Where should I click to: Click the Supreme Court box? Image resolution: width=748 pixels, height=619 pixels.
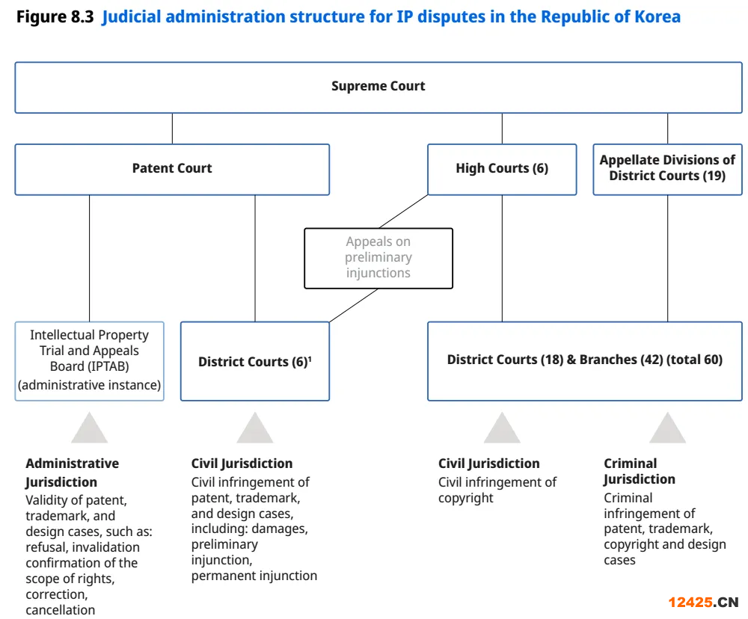(x=378, y=87)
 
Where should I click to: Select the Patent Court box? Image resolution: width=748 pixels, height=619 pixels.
(x=172, y=169)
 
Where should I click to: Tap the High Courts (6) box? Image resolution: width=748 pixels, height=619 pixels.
(x=502, y=169)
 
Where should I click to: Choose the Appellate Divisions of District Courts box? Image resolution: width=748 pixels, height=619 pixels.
(x=667, y=169)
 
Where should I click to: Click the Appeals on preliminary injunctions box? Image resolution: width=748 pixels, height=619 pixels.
(x=378, y=258)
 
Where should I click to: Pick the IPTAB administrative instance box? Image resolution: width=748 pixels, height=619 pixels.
(x=89, y=361)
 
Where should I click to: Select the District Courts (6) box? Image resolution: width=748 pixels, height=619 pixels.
(x=255, y=361)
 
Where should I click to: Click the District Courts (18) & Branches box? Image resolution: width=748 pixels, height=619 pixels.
(x=585, y=361)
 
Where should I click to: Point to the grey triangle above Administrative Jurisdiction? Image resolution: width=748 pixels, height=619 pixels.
(x=89, y=428)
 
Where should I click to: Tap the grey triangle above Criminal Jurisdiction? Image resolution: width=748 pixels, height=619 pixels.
(x=667, y=428)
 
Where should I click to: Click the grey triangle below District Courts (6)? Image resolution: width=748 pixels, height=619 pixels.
(x=255, y=428)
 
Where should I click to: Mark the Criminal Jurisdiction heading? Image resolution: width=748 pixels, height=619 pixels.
(x=640, y=471)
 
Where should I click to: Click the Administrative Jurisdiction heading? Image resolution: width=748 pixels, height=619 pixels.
(x=72, y=472)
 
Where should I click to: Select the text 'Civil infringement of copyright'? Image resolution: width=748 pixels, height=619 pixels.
(x=497, y=490)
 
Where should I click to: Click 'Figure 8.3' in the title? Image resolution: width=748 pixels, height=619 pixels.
(x=55, y=16)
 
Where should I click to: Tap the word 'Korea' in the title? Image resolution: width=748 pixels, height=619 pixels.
(x=657, y=16)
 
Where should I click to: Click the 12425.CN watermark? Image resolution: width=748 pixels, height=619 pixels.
(x=703, y=603)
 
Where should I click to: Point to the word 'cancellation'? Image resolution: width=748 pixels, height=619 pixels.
(x=60, y=610)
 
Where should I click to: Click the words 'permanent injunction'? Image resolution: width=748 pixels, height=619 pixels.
(x=254, y=576)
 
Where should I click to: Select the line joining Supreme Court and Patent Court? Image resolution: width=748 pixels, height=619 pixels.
(x=172, y=129)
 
